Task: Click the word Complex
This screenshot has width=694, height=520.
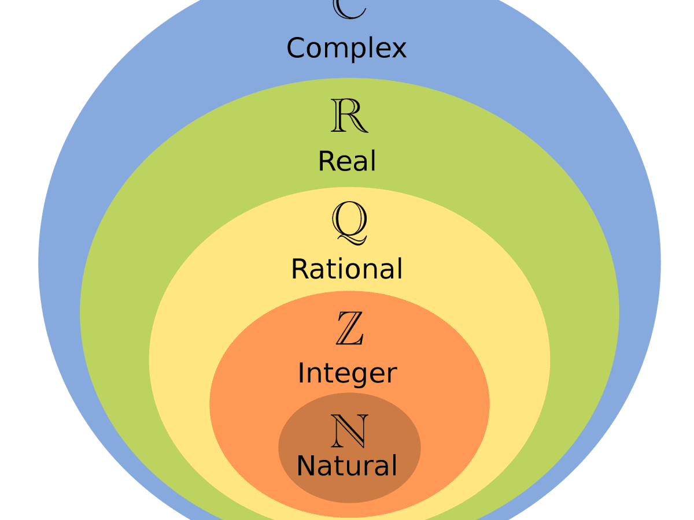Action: point(346,49)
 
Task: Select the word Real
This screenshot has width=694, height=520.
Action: point(347,161)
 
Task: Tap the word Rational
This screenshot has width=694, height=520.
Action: point(346,269)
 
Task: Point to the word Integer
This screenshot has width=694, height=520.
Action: point(347,374)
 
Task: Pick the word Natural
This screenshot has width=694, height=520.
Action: point(347,466)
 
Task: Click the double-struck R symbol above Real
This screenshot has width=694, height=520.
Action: point(349,116)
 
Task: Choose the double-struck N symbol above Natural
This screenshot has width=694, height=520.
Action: point(349,431)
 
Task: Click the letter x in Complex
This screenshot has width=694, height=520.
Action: point(398,50)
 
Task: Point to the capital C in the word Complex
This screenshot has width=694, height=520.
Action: point(297,48)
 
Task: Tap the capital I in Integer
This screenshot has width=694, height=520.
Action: point(301,373)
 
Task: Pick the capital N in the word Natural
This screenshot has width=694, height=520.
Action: point(307,466)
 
